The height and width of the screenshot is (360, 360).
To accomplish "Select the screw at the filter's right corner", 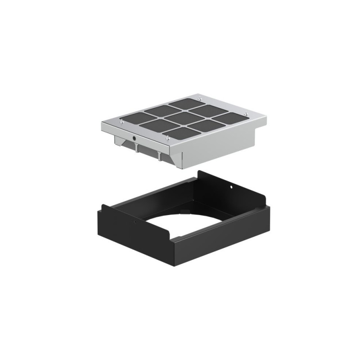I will tap(247, 113).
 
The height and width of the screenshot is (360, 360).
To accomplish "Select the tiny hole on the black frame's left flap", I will tap(134, 221).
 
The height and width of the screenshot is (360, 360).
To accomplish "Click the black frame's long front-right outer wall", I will tap(220, 238).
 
